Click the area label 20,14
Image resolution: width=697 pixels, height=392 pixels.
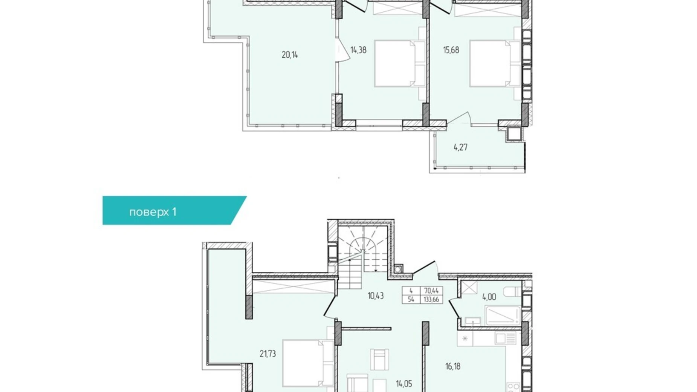pyautogui.click(x=290, y=55)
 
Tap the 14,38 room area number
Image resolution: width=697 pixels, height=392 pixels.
pyautogui.click(x=358, y=50)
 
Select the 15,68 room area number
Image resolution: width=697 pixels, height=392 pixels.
pyautogui.click(x=451, y=50)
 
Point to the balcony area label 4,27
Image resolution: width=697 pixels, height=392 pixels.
pyautogui.click(x=460, y=147)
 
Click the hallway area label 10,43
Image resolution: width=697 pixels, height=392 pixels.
pyautogui.click(x=376, y=296)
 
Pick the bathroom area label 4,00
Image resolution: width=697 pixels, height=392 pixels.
pyautogui.click(x=489, y=297)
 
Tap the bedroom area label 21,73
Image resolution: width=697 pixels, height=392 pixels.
pyautogui.click(x=267, y=354)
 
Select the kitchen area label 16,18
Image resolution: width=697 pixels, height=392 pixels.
pyautogui.click(x=452, y=366)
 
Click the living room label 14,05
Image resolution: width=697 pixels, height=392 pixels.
pyautogui.click(x=404, y=384)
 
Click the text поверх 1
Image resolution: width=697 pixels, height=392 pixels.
pyautogui.click(x=153, y=212)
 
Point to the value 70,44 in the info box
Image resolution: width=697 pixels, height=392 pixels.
pyautogui.click(x=431, y=291)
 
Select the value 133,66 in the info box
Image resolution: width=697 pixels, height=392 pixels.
pyautogui.click(x=431, y=300)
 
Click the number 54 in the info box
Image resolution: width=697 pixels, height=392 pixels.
pyautogui.click(x=411, y=300)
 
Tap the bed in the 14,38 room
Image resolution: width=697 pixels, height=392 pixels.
pyautogui.click(x=400, y=64)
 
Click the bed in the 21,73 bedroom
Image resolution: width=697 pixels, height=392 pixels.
pyautogui.click(x=308, y=363)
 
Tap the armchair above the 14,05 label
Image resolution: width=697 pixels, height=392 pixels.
pyautogui.click(x=379, y=359)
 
